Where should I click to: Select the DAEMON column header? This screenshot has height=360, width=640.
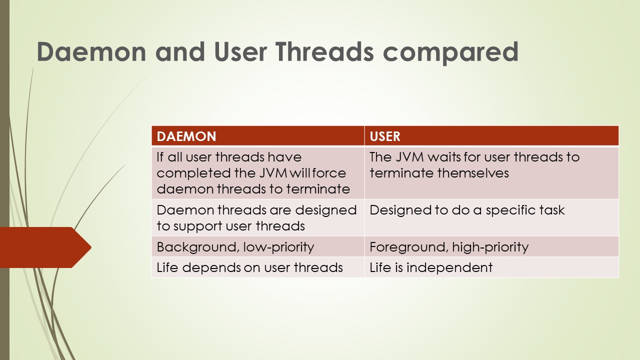click(186, 136)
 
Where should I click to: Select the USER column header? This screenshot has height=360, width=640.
click(385, 136)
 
